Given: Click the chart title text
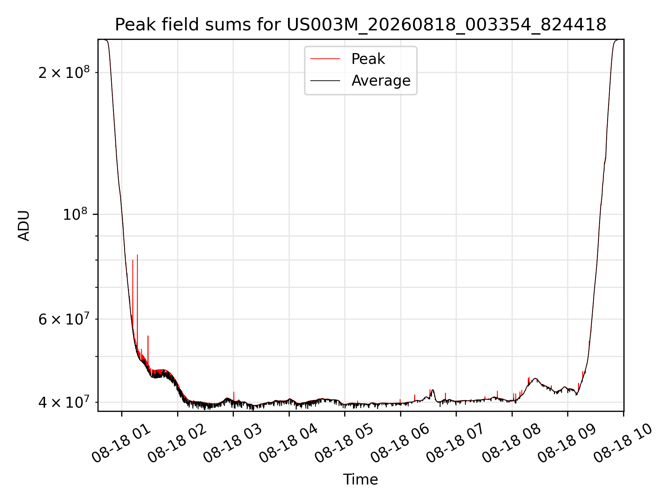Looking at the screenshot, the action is click(x=360, y=25).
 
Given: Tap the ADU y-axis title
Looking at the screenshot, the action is click(x=24, y=225).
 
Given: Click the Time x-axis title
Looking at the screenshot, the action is click(x=360, y=479).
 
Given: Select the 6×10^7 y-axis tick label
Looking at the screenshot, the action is click(x=64, y=319).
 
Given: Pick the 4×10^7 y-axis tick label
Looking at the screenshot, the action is click(x=64, y=402).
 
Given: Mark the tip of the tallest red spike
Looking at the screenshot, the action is click(x=137, y=255).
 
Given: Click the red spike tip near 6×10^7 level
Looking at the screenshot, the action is click(x=148, y=336).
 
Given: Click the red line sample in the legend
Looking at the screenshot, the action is click(x=325, y=59).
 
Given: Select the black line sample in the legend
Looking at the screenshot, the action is click(x=325, y=81).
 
